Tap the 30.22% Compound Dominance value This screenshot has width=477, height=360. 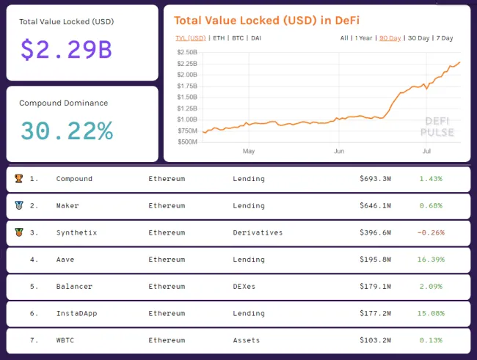click(x=66, y=131)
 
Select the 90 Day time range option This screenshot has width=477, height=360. click(x=390, y=37)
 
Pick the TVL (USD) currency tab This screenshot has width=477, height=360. click(x=190, y=37)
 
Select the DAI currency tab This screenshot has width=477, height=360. click(x=255, y=37)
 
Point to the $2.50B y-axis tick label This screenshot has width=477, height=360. click(x=187, y=53)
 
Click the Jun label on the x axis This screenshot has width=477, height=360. click(x=338, y=152)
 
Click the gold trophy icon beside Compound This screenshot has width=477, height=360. click(x=18, y=179)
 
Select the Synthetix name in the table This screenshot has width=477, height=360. click(x=76, y=232)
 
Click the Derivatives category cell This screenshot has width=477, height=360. click(x=257, y=232)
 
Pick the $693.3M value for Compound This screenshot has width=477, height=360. click(x=375, y=179)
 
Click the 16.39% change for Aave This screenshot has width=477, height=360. click(x=430, y=259)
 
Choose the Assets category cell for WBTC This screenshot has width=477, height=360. click(x=247, y=340)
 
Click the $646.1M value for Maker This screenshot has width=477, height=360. click(x=375, y=205)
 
